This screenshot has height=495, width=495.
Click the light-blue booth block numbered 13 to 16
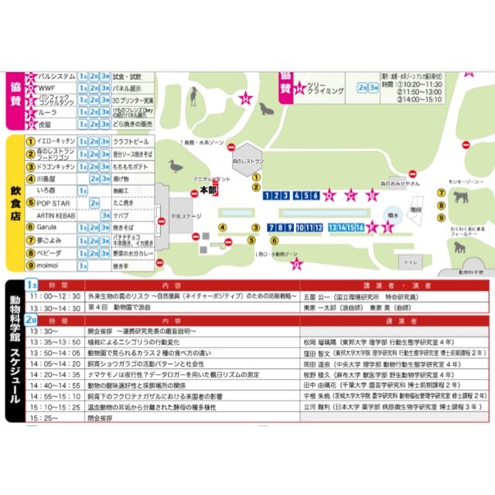click(346, 227)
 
